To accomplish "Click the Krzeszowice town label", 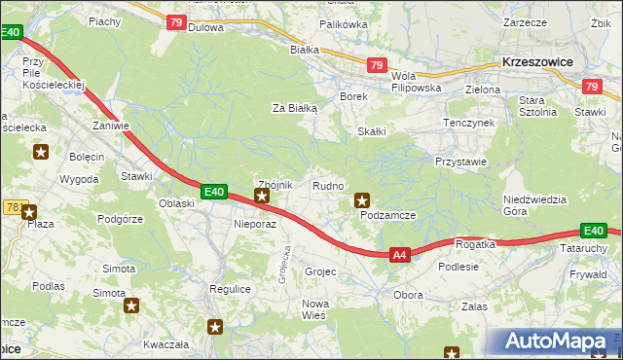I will point(536,60).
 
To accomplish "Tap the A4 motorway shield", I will point(399,255).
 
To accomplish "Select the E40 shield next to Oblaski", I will point(215,193).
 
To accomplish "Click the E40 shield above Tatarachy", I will point(594,231).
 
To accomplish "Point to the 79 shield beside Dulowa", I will point(176,22).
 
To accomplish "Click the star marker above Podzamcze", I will point(362,198).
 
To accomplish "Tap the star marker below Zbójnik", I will point(261,198).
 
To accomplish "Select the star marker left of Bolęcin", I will point(41,151).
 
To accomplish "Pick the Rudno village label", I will point(326,185).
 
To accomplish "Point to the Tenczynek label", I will point(469,124).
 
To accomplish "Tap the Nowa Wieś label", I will point(314,309).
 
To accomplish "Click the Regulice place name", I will point(231,290).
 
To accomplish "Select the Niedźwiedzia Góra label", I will point(534,205).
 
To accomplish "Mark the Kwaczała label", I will point(165,344).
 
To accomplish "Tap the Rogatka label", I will point(475,244).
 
